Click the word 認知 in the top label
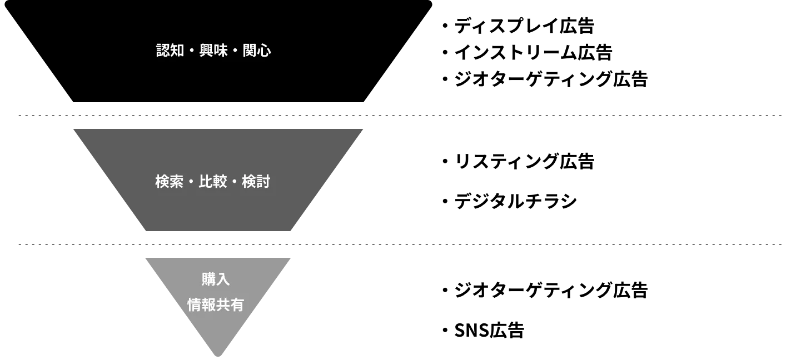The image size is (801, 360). coord(170,51)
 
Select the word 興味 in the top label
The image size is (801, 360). coord(213,51)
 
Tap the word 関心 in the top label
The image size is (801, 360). coord(257,51)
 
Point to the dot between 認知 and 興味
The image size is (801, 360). coord(192,51)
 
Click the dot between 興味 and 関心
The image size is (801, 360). coord(235,51)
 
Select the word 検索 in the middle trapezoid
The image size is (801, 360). coord(169,182)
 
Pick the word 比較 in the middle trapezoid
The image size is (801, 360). coord(213,182)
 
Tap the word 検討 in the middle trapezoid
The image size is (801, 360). coord(256,182)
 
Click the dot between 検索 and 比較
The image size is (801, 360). coord(191,182)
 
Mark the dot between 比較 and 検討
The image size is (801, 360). coord(235,182)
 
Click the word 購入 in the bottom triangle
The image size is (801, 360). coord(216,279)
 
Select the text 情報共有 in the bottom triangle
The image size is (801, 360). coord(216,305)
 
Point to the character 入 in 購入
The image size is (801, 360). coord(223,279)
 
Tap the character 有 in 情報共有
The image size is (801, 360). coord(237,305)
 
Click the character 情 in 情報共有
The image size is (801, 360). coord(194,305)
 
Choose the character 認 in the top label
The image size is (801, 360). coord(163,51)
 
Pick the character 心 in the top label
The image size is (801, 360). coord(264,51)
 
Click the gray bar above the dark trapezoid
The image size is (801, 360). coord(400,116)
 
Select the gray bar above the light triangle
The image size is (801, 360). coord(400,244)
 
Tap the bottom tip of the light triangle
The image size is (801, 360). coord(218,356)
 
